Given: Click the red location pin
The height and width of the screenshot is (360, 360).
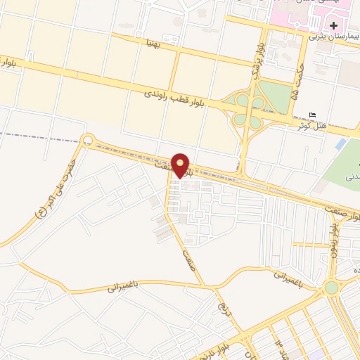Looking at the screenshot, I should tap(181, 164).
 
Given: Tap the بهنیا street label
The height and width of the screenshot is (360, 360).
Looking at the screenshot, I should tap(153, 43).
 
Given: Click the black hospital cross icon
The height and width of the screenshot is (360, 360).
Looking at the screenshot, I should tap(334, 25).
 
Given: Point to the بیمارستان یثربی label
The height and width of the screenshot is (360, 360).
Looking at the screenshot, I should tap(335, 36).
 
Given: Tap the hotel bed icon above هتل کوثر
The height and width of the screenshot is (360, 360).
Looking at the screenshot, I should tap(313, 115).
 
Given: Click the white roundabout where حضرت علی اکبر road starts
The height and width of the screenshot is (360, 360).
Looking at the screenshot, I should tap(88, 141).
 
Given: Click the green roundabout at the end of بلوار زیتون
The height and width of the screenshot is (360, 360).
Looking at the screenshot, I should tap(330, 288).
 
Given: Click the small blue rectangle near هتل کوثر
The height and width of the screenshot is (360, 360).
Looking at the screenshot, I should tap(341, 143).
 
